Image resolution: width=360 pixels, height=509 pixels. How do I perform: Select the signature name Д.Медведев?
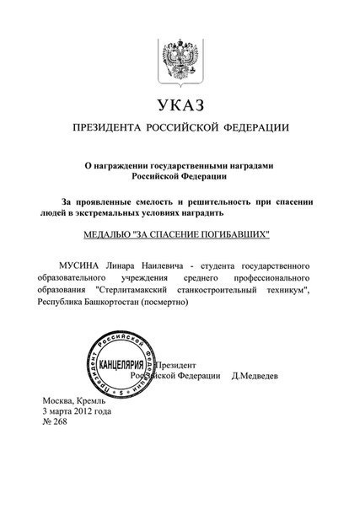coord(260,376)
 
